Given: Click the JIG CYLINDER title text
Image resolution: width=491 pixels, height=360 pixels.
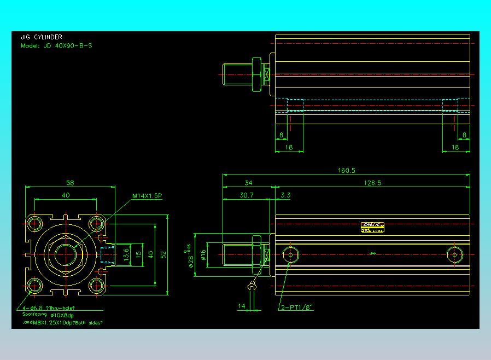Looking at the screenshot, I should point(42,37).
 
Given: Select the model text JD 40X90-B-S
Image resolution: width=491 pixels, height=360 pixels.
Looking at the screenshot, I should point(56,46).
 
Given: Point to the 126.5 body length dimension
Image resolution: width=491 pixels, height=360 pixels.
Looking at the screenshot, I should point(372,183).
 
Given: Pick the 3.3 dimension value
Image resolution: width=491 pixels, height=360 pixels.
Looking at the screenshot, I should point(285,195).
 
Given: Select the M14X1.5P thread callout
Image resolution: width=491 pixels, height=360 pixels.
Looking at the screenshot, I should point(147,196).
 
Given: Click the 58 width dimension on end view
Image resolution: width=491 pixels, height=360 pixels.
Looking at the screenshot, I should point(70,183).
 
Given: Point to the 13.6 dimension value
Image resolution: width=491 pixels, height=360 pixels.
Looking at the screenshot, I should point(127,254).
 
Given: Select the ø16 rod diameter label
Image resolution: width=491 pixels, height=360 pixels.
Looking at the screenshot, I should point(203,254).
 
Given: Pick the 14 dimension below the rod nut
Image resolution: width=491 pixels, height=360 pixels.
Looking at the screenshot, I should point(242,306).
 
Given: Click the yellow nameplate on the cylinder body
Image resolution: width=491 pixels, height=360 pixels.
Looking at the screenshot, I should point(373,227).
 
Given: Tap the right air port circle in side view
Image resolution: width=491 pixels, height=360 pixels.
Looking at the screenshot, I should point(454,254).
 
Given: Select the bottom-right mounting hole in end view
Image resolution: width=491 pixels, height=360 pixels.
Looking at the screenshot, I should point(97,284).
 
